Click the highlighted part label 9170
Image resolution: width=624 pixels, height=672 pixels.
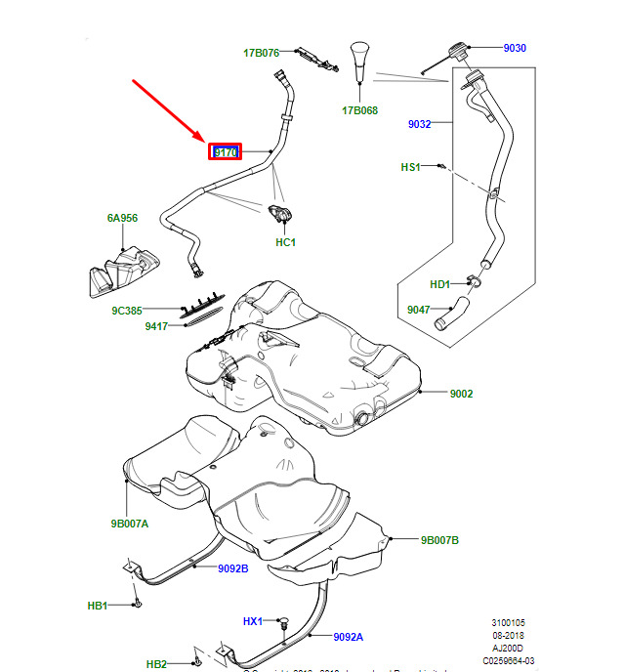tap(226, 152)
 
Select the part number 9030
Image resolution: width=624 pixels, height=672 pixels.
tap(515, 48)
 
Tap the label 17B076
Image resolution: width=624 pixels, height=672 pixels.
tap(262, 53)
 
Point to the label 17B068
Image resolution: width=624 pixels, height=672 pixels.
tap(359, 110)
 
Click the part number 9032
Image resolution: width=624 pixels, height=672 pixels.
tap(419, 124)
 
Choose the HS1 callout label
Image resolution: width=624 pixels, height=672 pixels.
tap(410, 167)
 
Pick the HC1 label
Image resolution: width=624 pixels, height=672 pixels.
tap(285, 241)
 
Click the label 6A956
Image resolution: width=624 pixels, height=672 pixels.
tap(122, 219)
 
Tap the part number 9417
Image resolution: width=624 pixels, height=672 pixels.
tap(156, 325)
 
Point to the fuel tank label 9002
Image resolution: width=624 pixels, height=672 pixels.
tap(461, 394)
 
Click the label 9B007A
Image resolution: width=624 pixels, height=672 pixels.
tap(129, 524)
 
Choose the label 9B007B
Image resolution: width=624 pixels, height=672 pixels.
tap(439, 539)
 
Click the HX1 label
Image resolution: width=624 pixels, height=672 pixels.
tap(254, 621)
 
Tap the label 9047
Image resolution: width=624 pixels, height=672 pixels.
tap(419, 310)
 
